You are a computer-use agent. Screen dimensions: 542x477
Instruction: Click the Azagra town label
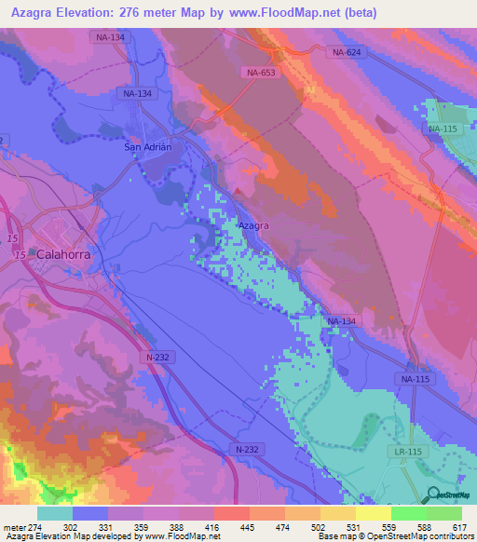point(253,226)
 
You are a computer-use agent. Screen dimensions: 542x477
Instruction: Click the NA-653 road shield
point(261,72)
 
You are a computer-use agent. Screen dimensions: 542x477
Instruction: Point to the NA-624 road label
point(345,53)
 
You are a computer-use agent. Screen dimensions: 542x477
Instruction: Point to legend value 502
point(318,526)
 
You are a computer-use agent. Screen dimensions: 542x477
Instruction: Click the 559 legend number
point(388,526)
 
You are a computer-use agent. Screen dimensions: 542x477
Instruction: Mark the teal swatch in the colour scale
point(55,513)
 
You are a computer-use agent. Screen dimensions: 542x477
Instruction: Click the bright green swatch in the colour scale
point(444,513)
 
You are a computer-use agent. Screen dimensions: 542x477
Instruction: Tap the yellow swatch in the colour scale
point(374,513)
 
